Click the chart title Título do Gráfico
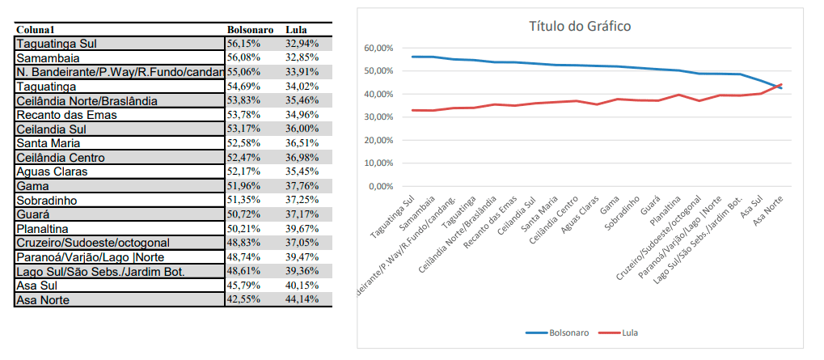point(579,26)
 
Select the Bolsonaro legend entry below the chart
point(557,332)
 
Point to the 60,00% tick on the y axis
point(379,49)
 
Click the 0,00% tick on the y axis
point(381,186)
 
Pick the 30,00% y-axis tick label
point(379,117)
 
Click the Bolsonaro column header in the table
point(250,29)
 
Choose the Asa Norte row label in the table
point(43,300)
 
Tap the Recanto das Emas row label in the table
point(66,115)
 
